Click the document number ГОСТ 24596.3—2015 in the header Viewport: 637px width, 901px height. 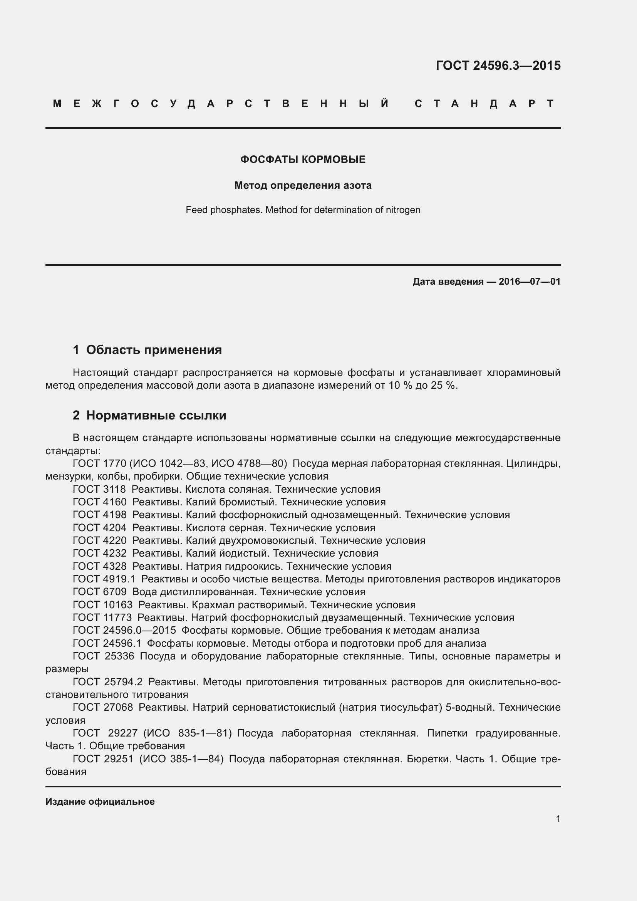click(x=498, y=65)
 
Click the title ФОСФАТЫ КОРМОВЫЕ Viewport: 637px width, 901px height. click(x=303, y=159)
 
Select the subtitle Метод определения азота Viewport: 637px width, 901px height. click(x=303, y=185)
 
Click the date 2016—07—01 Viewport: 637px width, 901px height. click(x=530, y=281)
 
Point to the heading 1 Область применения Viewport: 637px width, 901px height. click(x=148, y=350)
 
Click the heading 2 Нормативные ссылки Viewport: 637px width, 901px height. click(x=149, y=415)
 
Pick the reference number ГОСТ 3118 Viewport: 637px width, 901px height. click(x=99, y=489)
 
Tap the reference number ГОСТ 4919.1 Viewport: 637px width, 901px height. click(x=104, y=579)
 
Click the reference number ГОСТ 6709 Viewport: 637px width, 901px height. click(x=100, y=592)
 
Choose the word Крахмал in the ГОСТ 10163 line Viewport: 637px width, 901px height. click(x=204, y=605)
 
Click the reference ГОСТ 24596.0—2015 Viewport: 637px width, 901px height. click(x=124, y=630)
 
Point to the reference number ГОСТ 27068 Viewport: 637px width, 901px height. click(x=103, y=707)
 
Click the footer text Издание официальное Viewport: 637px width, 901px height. click(x=100, y=802)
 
